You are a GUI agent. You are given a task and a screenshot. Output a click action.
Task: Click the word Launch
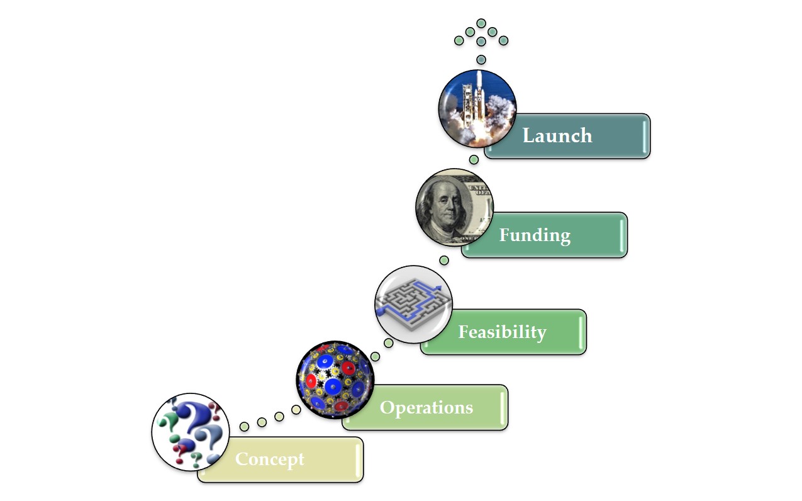click(x=557, y=135)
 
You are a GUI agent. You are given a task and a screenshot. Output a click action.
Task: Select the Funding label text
click(x=535, y=236)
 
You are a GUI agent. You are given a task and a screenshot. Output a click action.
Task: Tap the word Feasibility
click(x=503, y=332)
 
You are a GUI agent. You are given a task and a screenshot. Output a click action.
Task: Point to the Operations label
click(x=426, y=408)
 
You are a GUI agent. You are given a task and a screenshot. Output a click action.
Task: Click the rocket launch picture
click(x=477, y=109)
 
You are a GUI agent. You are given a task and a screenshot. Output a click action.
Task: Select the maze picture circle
click(x=413, y=304)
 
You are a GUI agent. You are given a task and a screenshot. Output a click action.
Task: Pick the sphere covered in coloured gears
click(x=335, y=380)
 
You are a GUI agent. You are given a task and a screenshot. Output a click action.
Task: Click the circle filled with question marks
click(x=191, y=432)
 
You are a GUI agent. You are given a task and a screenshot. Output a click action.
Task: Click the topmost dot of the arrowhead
click(x=481, y=23)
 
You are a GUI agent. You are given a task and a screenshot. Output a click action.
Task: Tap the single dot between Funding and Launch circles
click(x=474, y=159)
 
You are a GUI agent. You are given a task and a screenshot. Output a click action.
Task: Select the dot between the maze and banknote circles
click(x=444, y=260)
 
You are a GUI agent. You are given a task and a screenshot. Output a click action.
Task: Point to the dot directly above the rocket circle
click(x=481, y=60)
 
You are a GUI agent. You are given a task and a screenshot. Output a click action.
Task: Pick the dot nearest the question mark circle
click(x=244, y=427)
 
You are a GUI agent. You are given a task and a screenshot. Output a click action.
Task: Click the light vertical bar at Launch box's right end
click(x=645, y=137)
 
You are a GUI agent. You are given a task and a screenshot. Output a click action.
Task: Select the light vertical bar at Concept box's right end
click(x=358, y=460)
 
